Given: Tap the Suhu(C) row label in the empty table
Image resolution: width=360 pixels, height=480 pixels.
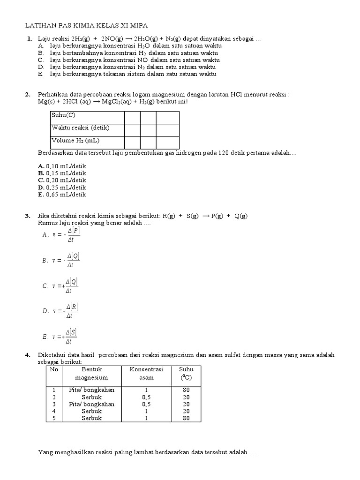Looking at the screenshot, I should [64, 115].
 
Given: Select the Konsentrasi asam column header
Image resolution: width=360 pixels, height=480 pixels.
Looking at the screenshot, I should [146, 373].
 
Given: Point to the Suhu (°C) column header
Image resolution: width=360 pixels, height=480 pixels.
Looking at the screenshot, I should [186, 373].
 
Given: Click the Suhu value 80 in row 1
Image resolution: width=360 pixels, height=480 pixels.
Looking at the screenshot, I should [186, 390].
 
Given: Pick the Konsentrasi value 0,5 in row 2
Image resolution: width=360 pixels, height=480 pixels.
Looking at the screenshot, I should [146, 397].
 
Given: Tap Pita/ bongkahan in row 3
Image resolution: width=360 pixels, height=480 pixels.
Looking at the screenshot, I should [91, 404].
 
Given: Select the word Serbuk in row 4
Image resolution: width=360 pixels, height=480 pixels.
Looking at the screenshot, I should [91, 411].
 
